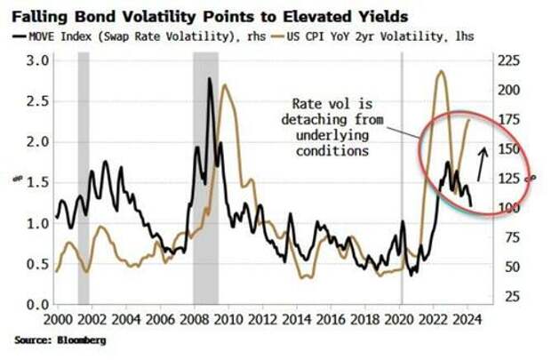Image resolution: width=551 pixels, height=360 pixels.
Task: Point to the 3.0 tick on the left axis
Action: tap(33, 60)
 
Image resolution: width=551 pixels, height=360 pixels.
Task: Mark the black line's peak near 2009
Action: tap(210, 79)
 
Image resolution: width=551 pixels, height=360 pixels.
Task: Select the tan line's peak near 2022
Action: tap(441, 71)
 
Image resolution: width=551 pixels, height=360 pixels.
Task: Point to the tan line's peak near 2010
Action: tap(224, 85)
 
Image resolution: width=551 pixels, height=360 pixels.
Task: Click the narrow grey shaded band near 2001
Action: tap(84, 178)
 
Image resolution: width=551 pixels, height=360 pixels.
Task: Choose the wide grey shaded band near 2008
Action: tap(205, 178)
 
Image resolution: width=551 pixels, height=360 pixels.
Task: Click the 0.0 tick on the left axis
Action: tap(33, 304)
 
